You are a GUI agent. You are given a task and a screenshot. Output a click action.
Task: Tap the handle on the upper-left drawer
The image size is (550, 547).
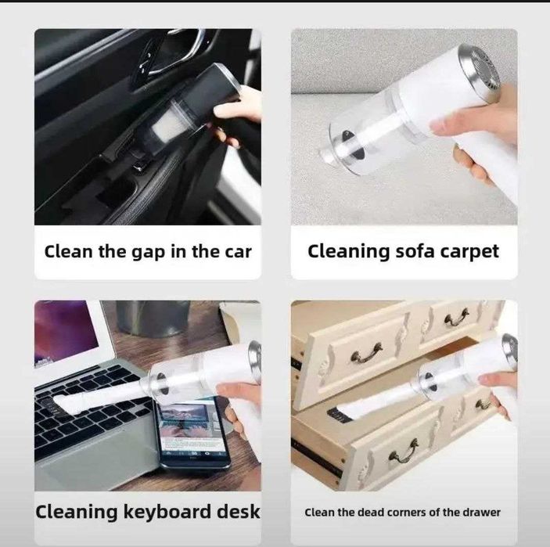[367, 354]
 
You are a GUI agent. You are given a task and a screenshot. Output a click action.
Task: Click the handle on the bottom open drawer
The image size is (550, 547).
[404, 451]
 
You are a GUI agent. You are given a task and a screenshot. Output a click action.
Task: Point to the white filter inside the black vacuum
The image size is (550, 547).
[165, 128]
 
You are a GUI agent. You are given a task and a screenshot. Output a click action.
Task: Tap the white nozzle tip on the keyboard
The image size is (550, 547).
[64, 404]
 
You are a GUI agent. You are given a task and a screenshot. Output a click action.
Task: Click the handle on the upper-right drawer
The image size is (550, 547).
[456, 317]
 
